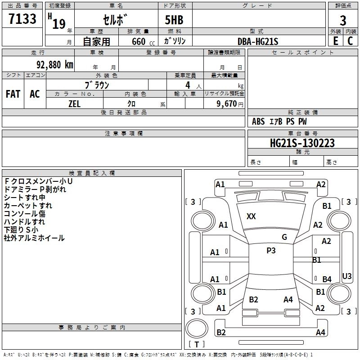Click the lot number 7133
point(22,19)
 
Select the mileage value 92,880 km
point(55,65)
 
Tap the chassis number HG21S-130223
point(302,143)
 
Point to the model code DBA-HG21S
point(258,41)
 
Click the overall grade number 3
point(343,21)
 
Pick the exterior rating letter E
point(336,41)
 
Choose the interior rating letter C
point(350,41)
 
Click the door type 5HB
point(174,20)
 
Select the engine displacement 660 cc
point(143,42)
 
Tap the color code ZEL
point(74,104)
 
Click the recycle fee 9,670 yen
point(230,104)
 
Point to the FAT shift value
point(13,94)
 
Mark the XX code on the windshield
point(251,216)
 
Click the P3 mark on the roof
point(271,250)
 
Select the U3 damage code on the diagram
point(346,276)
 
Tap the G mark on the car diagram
point(284,237)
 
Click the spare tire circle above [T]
point(197,328)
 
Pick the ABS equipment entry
point(258,121)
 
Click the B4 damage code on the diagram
point(327,279)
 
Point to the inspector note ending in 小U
point(38,181)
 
